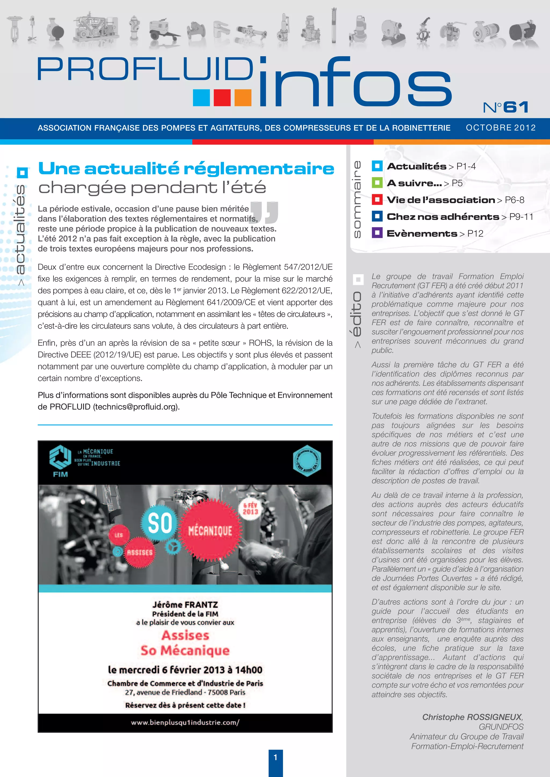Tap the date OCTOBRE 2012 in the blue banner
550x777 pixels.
[x=501, y=128]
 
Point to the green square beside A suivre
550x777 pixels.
[x=377, y=183]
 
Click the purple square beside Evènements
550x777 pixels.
[x=377, y=233]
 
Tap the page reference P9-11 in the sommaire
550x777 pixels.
[x=521, y=217]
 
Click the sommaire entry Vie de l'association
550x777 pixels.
[x=441, y=200]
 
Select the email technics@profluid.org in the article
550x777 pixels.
[x=136, y=407]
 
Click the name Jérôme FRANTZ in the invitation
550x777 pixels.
[x=185, y=605]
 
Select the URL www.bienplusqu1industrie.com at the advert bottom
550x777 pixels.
[x=185, y=722]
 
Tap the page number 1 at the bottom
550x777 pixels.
[x=275, y=757]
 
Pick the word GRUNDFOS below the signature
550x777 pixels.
[x=501, y=727]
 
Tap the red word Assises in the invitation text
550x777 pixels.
[x=185, y=635]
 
